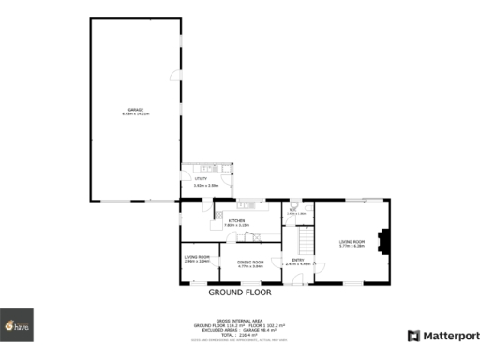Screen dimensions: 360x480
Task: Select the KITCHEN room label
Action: tap(236, 220)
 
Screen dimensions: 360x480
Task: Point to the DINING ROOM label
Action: tap(249, 262)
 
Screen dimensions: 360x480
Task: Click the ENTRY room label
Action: tap(298, 260)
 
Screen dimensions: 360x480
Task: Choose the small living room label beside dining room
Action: tap(197, 257)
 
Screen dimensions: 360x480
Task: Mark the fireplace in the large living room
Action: tap(381, 242)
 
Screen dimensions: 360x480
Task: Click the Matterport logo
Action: tap(439, 335)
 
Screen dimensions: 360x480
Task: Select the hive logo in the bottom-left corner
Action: tap(17, 325)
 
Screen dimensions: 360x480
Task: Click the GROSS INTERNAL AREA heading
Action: tap(238, 320)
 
